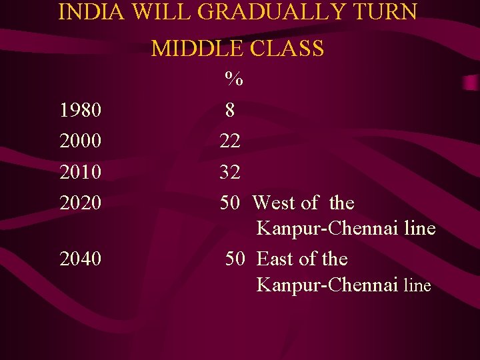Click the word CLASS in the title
point(287,48)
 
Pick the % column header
point(233,79)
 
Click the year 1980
point(81,110)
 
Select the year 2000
point(81,141)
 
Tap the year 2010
point(81,172)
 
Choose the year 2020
point(81,203)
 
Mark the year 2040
point(81,259)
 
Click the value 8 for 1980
point(230,110)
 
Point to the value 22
point(231,141)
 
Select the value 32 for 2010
point(231,172)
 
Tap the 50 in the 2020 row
point(231,203)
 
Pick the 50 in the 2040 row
point(235,259)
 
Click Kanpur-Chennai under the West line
point(327,229)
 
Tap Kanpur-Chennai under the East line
point(327,285)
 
